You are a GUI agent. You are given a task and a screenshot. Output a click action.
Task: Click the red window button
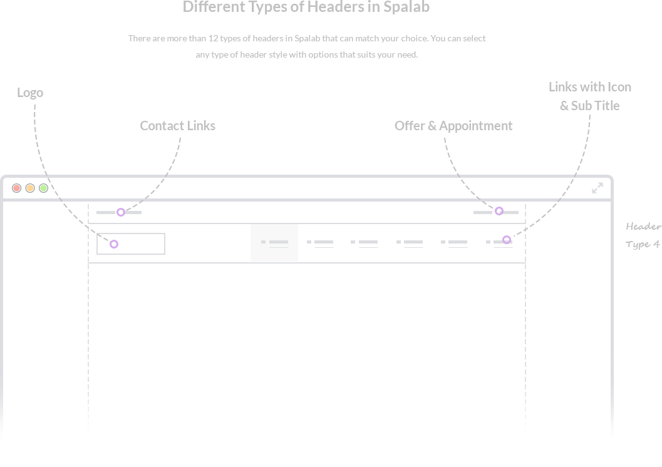tap(16, 188)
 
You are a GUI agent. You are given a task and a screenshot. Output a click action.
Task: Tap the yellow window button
tap(30, 188)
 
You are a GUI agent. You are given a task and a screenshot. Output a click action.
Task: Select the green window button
tap(43, 188)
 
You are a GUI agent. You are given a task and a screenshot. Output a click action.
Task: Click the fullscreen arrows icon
tap(597, 188)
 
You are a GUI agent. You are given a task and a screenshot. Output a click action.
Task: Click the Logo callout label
tap(30, 93)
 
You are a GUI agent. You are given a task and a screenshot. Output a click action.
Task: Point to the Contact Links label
tap(178, 126)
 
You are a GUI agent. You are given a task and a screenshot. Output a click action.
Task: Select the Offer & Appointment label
tap(453, 126)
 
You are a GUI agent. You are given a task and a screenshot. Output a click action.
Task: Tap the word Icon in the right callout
tap(619, 87)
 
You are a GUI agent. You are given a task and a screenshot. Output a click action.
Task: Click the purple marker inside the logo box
tap(114, 244)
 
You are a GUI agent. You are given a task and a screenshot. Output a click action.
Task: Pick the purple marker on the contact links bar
tap(121, 212)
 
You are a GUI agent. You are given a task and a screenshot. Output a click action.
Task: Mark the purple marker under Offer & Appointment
tap(499, 211)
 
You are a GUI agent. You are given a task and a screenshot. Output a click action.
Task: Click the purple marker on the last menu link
tap(507, 240)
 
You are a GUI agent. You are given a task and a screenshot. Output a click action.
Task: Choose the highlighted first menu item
tap(274, 243)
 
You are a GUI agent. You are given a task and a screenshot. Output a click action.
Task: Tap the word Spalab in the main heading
tap(406, 7)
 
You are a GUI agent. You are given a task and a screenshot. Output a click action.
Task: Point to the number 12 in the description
tap(213, 38)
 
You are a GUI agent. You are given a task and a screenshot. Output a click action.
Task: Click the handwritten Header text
tap(643, 227)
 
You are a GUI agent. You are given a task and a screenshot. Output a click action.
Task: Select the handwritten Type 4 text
tap(642, 245)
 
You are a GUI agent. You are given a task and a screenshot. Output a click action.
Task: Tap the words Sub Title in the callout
tap(595, 106)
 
